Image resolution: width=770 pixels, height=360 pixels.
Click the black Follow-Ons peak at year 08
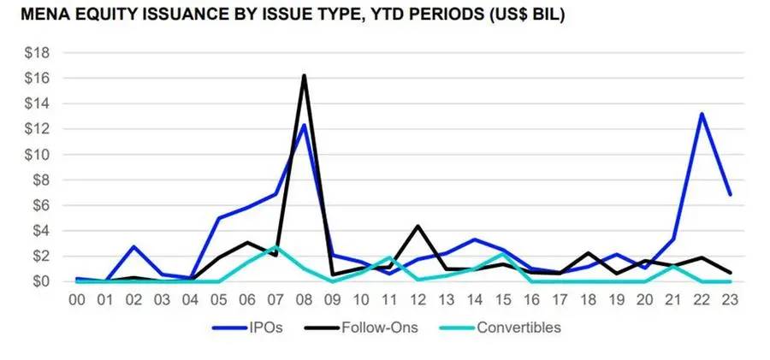(303, 76)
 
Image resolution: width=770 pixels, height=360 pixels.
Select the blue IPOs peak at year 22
(702, 114)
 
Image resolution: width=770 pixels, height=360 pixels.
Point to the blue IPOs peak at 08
(303, 125)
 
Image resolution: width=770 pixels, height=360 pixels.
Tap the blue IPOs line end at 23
(729, 194)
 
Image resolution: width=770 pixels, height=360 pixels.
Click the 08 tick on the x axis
(303, 299)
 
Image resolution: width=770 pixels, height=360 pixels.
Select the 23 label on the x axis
(729, 299)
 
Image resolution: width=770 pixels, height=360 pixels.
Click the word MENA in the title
(36, 15)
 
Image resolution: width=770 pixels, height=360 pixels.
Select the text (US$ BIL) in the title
(523, 15)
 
